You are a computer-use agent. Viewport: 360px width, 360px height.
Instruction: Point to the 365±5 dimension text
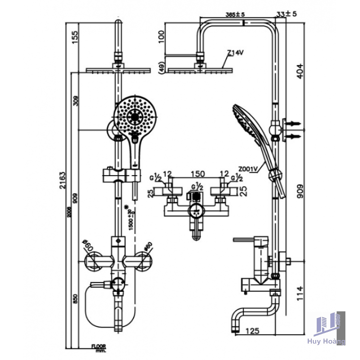coord(235,14)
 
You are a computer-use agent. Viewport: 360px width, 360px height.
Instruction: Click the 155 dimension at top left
coord(75,37)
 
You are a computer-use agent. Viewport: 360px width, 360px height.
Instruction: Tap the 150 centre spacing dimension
coord(197,173)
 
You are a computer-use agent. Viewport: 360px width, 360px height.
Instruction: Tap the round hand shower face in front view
coord(136,116)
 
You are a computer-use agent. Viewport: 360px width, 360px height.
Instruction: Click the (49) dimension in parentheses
coord(161,68)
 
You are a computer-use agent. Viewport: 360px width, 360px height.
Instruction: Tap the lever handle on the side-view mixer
coord(249,239)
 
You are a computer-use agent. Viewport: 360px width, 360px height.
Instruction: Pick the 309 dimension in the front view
coord(74,101)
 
